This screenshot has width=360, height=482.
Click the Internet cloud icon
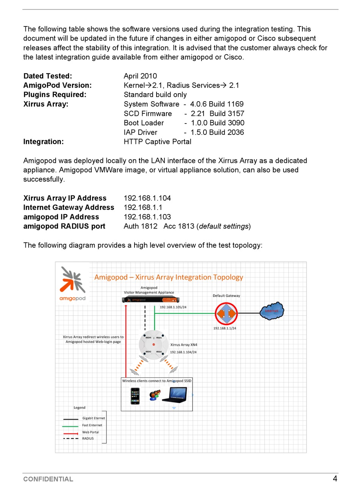tap(272, 311)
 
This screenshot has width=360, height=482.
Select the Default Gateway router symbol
tap(226, 313)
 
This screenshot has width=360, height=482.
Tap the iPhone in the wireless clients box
tap(135, 396)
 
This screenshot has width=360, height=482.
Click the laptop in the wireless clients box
tap(174, 395)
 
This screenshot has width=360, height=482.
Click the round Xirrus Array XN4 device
tap(153, 344)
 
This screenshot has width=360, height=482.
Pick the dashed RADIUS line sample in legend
tap(71, 439)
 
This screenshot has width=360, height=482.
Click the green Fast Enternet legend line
tap(71, 426)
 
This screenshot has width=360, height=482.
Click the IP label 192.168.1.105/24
tap(173, 307)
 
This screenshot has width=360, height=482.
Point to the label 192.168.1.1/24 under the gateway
tap(225, 328)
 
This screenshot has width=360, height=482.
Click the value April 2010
tap(140, 76)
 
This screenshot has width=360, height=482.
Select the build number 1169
tap(235, 104)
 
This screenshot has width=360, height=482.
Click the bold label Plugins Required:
tap(55, 95)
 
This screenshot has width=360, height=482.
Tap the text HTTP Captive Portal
tap(157, 142)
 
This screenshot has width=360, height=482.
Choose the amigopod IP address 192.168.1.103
tap(147, 217)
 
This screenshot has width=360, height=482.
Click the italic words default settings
tap(224, 227)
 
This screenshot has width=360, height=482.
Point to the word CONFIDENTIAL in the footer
tap(48, 479)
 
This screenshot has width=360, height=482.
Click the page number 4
tap(335, 479)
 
